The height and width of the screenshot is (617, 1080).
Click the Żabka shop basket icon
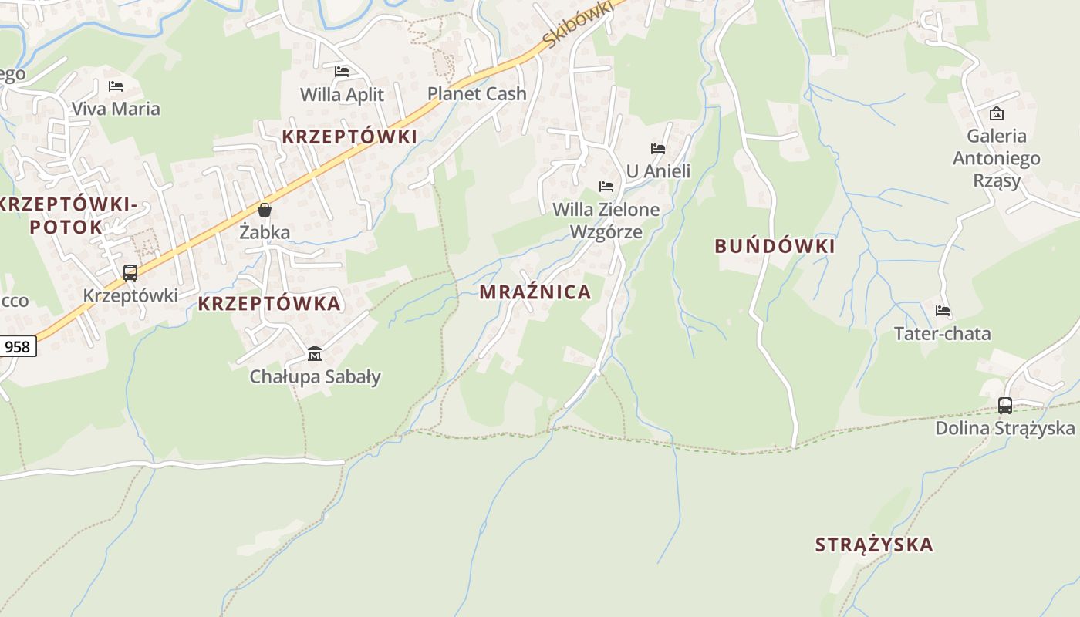pyautogui.click(x=265, y=210)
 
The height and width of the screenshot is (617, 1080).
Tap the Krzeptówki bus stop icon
pyautogui.click(x=130, y=273)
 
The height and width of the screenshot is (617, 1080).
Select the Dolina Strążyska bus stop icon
pyautogui.click(x=1005, y=405)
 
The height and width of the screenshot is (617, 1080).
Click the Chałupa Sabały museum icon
pyautogui.click(x=315, y=354)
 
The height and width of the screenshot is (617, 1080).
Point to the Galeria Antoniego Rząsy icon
pyautogui.click(x=997, y=113)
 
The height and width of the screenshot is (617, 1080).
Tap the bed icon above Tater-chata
pyautogui.click(x=943, y=312)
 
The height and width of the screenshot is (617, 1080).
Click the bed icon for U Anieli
pyautogui.click(x=658, y=149)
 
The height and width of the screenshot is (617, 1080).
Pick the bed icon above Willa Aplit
pyautogui.click(x=342, y=72)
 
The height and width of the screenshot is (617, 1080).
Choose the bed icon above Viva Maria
pyautogui.click(x=116, y=86)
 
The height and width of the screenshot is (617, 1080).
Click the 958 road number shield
pyautogui.click(x=17, y=347)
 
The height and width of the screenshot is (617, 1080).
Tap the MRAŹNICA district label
pyautogui.click(x=535, y=292)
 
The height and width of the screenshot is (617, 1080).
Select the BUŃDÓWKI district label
pyautogui.click(x=775, y=247)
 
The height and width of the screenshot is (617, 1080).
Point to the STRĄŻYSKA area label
pyautogui.click(x=874, y=545)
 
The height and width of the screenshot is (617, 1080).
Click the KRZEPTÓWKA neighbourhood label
pyautogui.click(x=269, y=304)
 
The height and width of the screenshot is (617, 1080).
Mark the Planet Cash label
pyautogui.click(x=477, y=94)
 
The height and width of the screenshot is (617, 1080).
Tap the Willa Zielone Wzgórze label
pyautogui.click(x=606, y=221)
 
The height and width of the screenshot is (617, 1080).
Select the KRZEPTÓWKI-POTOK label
pyautogui.click(x=68, y=216)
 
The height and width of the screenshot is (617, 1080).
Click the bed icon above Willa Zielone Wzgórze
pyautogui.click(x=606, y=187)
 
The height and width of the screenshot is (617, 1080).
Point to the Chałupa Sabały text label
pyautogui.click(x=315, y=377)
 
